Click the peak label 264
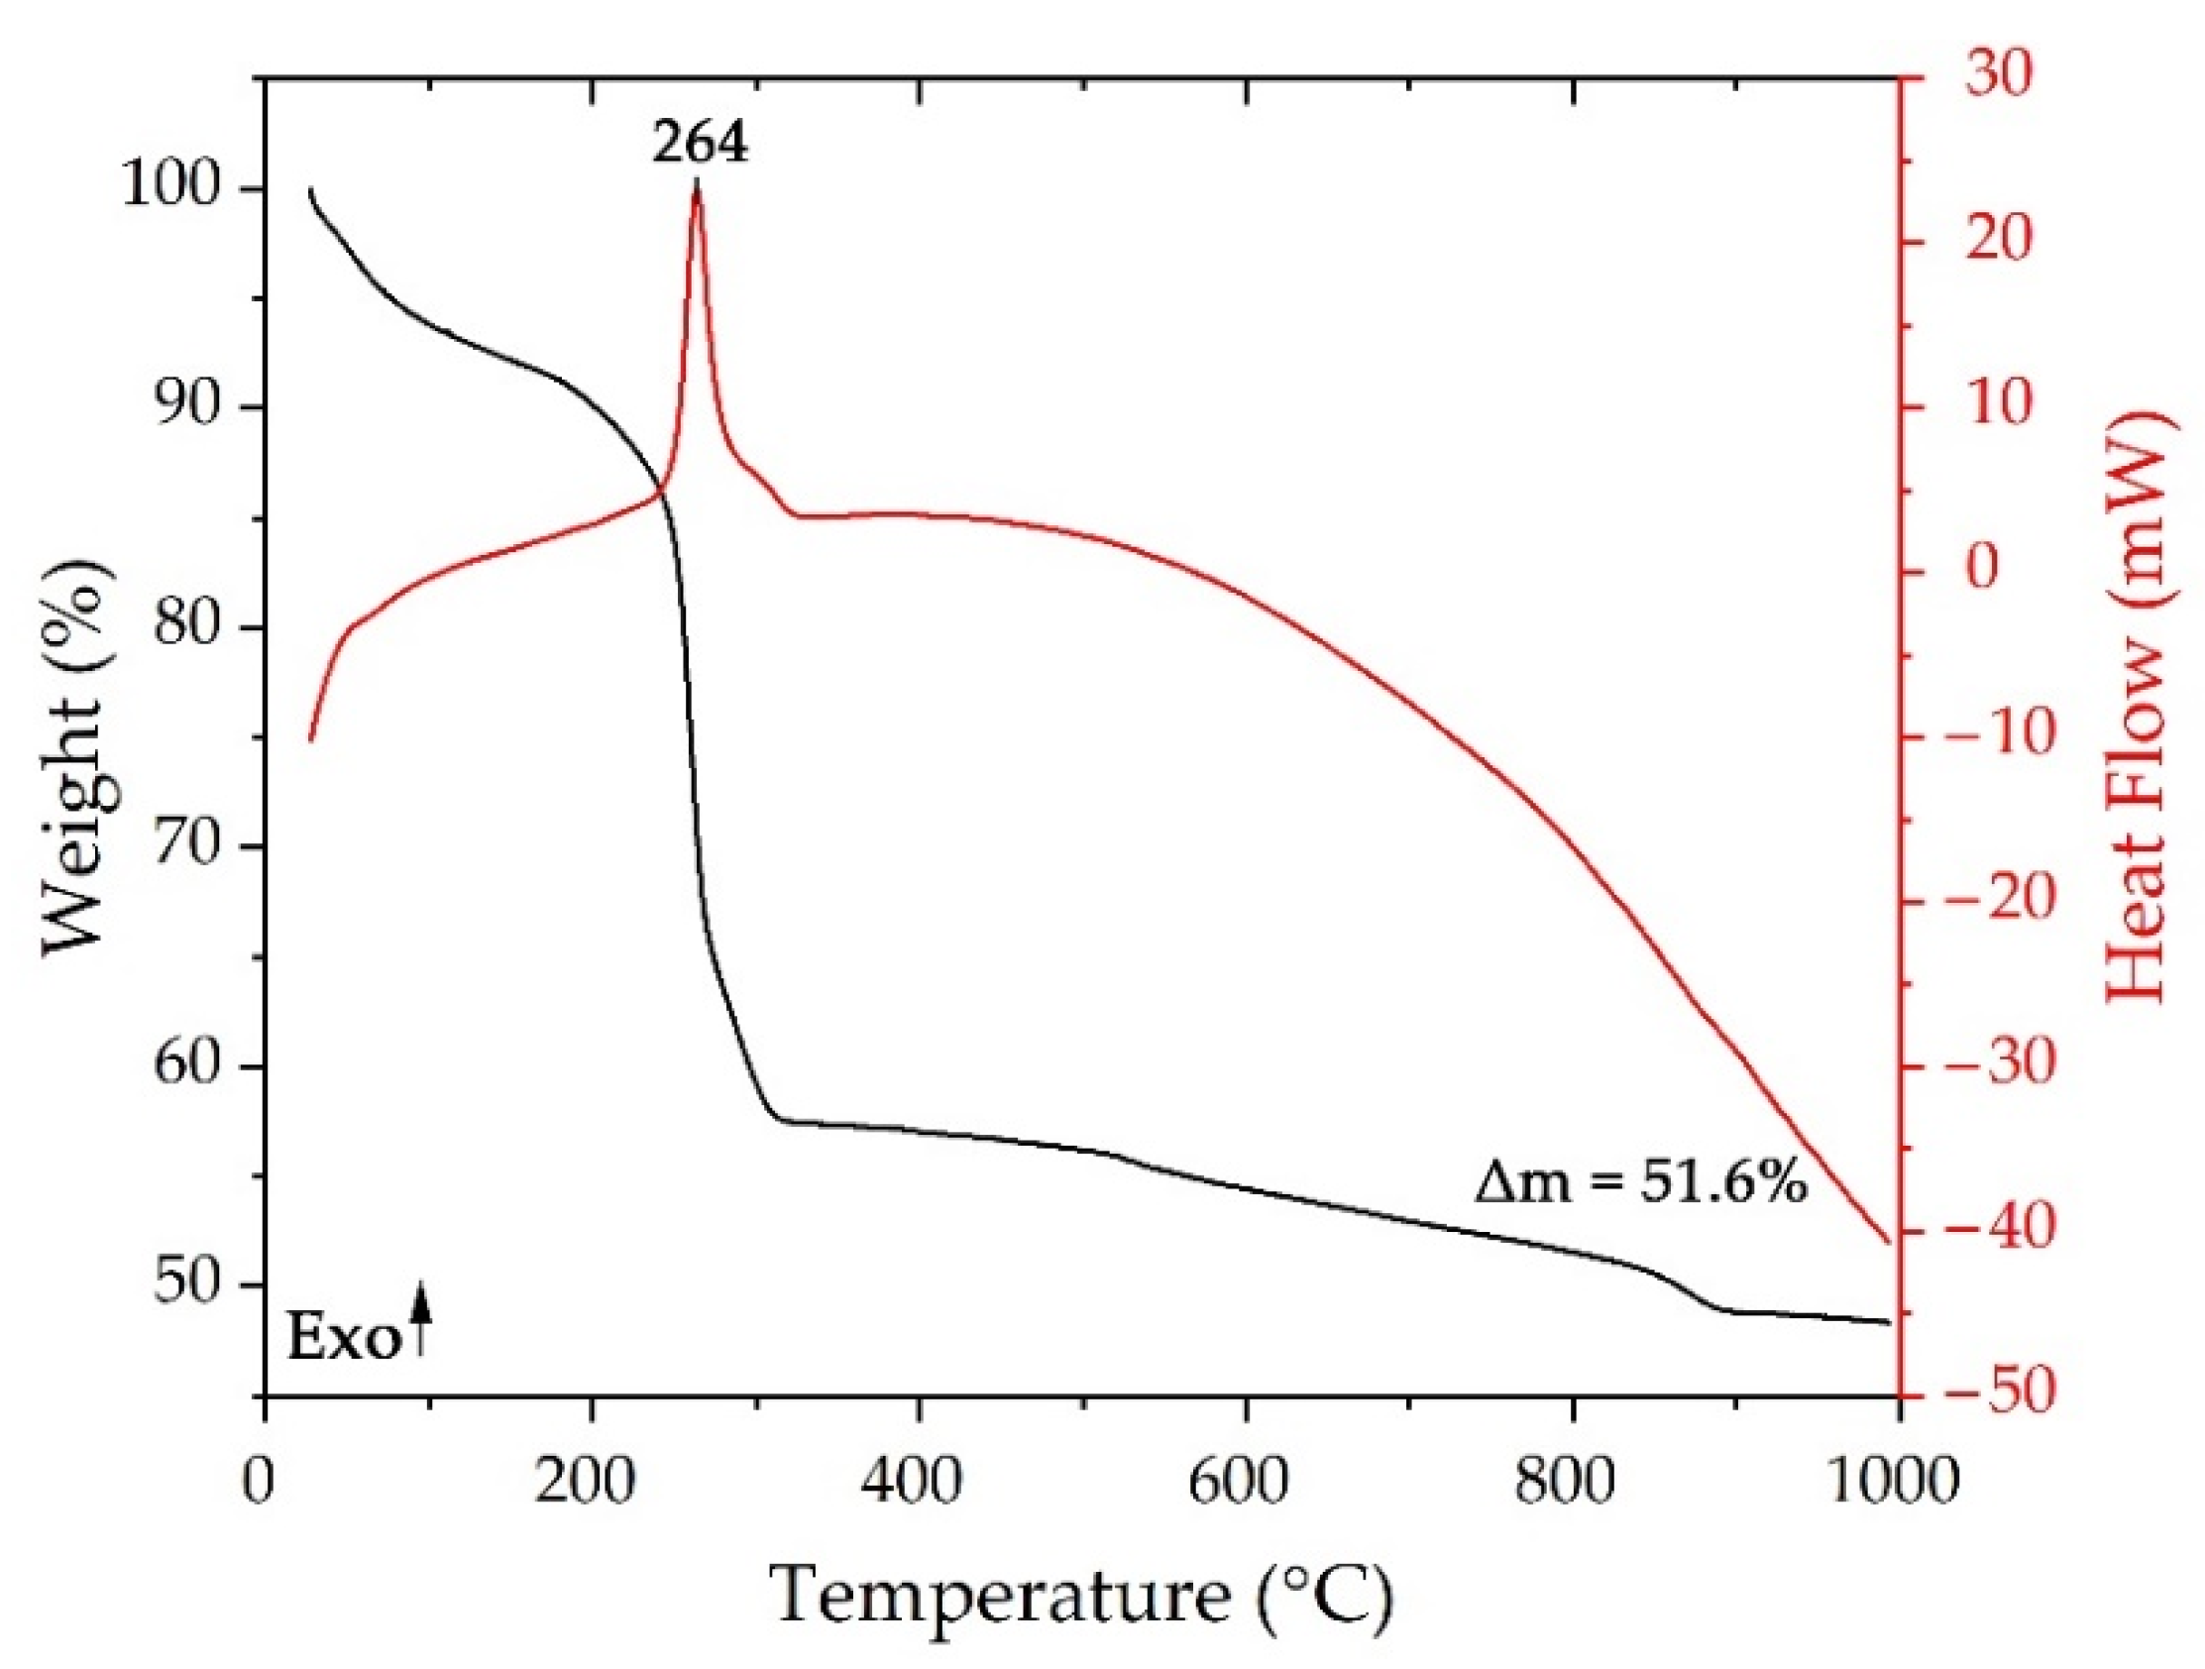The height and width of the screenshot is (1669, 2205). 700,145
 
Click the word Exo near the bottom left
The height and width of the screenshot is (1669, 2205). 343,1340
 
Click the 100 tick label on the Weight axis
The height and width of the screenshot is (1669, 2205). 170,188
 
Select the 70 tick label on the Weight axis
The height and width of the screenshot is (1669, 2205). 185,846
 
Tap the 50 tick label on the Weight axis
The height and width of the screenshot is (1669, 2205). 185,1284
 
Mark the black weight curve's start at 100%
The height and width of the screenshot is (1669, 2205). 310,189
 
